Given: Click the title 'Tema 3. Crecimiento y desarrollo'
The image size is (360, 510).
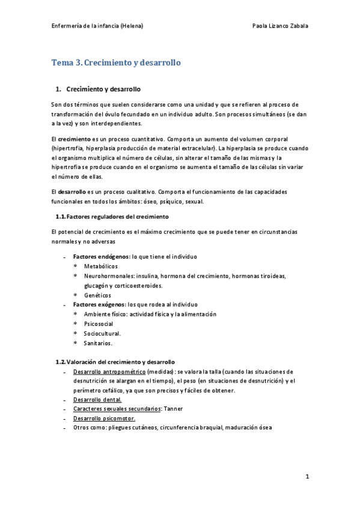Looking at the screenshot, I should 116,63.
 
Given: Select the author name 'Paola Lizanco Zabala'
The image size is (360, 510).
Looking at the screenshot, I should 282,26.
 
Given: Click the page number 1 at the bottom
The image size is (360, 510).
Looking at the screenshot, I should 307,476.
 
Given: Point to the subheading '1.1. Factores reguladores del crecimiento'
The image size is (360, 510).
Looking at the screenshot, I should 112,216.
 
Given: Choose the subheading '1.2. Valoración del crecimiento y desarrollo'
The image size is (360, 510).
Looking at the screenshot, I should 115,362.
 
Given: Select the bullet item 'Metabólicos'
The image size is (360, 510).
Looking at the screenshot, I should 101,266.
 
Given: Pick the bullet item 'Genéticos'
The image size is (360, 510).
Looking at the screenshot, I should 98,295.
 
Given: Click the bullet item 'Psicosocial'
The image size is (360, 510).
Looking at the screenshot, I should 99,324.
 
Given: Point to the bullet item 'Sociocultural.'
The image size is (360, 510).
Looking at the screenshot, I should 102,333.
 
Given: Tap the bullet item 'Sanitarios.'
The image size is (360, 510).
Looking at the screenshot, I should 98,343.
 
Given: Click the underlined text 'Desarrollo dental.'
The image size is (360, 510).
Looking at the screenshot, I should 97,399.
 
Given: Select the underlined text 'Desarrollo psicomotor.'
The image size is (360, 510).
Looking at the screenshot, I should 104,419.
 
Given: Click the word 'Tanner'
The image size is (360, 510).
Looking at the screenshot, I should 174,409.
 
